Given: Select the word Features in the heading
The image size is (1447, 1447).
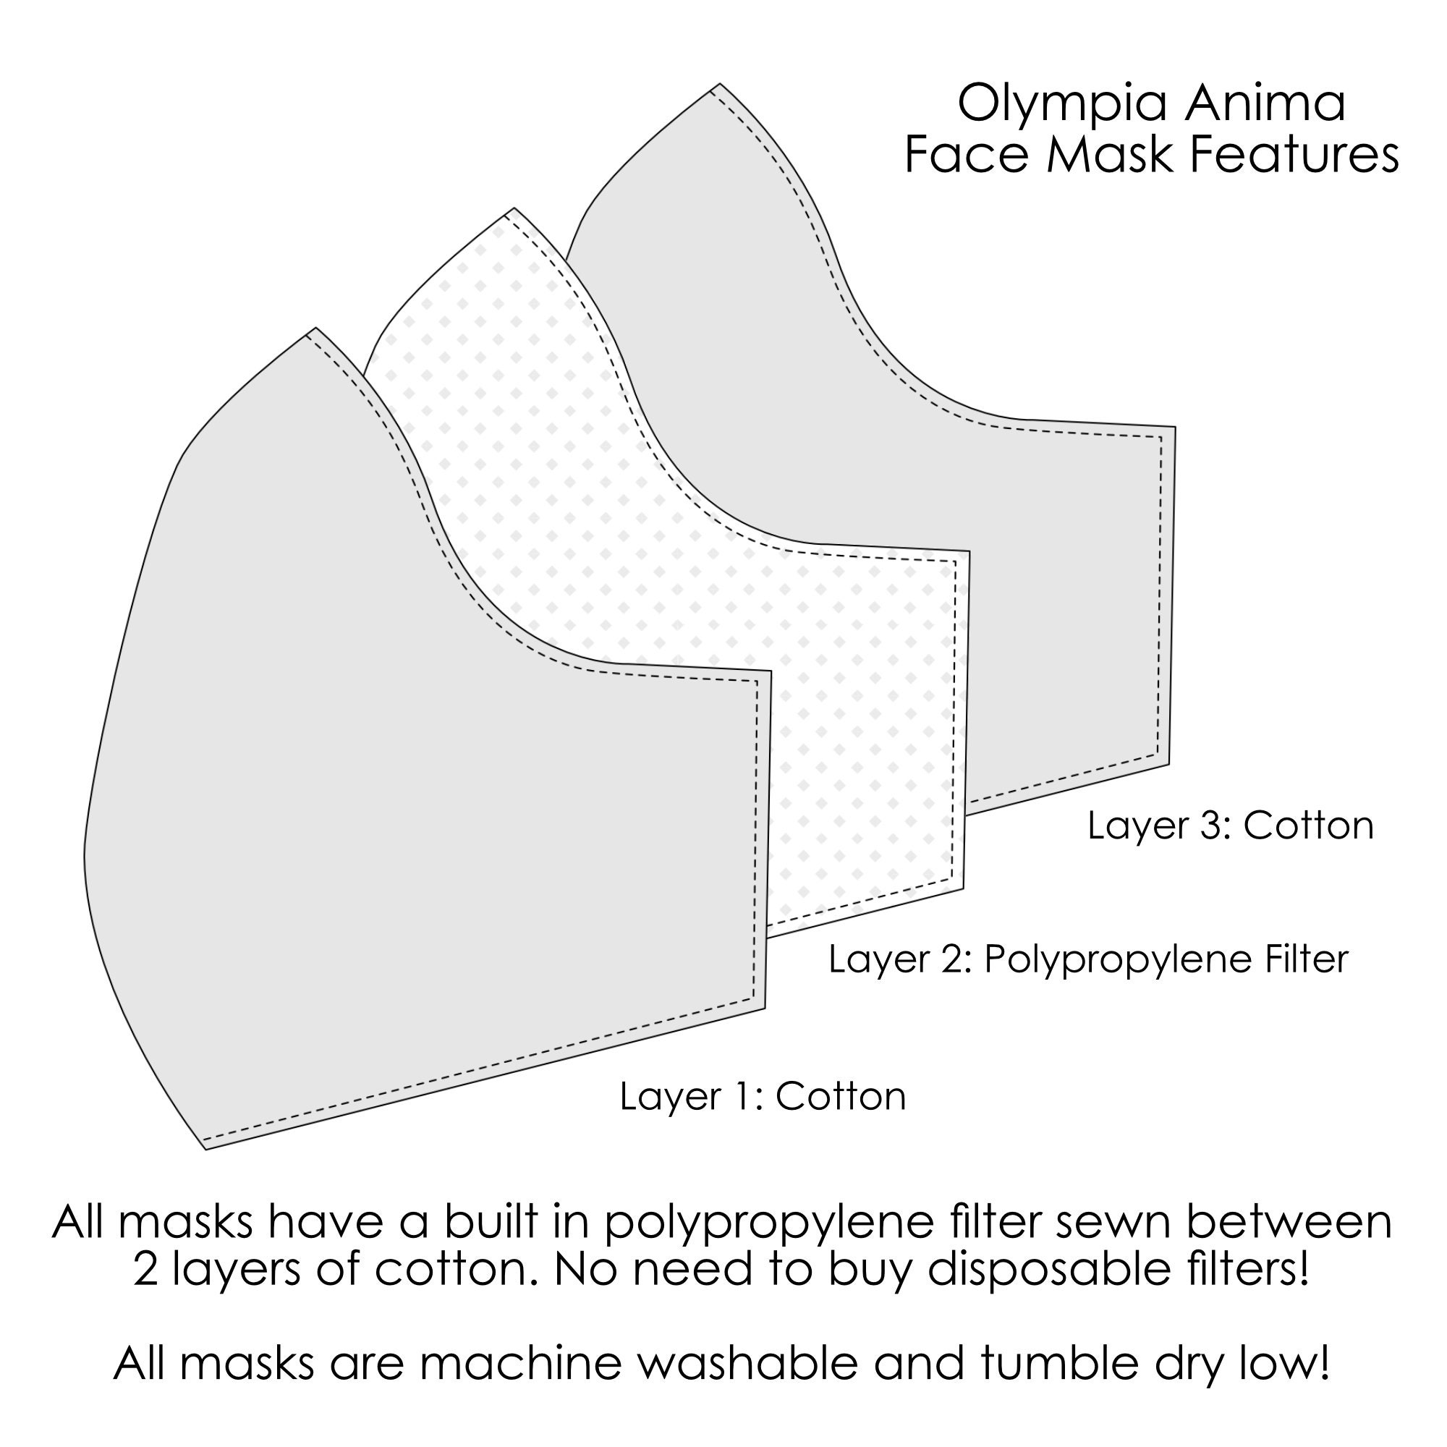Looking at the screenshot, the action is (1294, 155).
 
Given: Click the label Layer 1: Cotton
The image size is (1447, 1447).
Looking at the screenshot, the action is (763, 1097).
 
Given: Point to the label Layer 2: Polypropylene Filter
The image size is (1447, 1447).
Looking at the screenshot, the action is (1087, 959).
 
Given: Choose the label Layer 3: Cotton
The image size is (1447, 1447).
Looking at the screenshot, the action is (1231, 826).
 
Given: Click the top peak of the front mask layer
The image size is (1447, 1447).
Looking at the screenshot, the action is (316, 328).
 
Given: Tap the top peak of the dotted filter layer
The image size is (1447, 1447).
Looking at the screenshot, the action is (514, 208).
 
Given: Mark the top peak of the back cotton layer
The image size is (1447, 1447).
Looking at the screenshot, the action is (720, 84).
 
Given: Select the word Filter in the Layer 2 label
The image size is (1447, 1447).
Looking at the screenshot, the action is (1306, 959).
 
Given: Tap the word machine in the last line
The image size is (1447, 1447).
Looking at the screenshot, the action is (520, 1362).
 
